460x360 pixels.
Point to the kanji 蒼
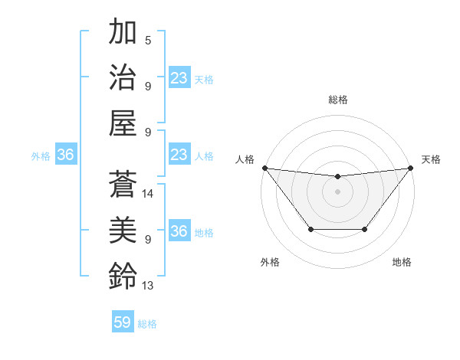(123, 185)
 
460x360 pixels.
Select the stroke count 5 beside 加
(148, 41)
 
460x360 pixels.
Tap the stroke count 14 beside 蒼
(149, 194)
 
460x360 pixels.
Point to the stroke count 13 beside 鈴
(149, 286)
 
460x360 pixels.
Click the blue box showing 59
(123, 322)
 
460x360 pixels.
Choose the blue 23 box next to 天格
(179, 77)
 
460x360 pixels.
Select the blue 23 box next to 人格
(179, 155)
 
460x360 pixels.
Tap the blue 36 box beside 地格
(179, 231)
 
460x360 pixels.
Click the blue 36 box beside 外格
(66, 155)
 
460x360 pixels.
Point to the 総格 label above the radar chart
(337, 100)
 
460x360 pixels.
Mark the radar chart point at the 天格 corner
(410, 168)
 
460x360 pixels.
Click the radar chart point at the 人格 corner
(264, 168)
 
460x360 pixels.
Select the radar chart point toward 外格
(310, 229)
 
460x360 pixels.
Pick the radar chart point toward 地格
(365, 229)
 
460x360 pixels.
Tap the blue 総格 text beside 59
(148, 324)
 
